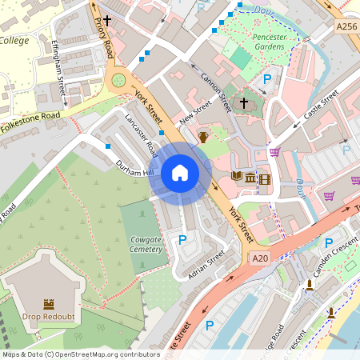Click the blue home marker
pos(180,173)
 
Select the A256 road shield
pos(346,27)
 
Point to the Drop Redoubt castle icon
pos(48,305)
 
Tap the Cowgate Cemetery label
pos(146,244)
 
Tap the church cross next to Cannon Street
pos(244,105)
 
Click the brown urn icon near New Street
pos(203,137)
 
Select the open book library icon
pos(237,177)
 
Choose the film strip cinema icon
pos(264,178)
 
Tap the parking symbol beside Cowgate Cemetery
pos(182,239)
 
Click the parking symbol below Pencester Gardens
pos(268,79)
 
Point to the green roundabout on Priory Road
pos(119,80)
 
